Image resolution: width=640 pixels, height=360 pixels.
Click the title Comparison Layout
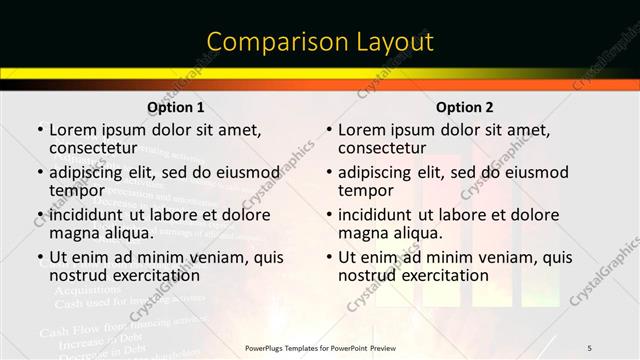point(320,42)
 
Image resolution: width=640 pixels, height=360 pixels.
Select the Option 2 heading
point(464,106)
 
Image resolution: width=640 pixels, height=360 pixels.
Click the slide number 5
point(590,348)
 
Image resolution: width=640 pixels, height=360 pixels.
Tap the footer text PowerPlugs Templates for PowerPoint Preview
point(320,348)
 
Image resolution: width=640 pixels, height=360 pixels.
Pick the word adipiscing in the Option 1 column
point(91,173)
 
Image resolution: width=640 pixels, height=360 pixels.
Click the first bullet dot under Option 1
point(40,130)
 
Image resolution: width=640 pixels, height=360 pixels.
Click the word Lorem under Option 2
point(360,130)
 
